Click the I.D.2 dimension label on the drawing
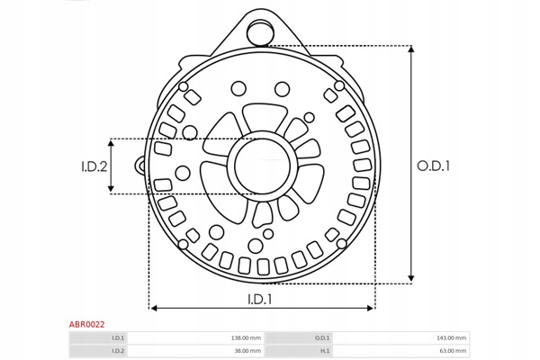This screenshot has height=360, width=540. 94,166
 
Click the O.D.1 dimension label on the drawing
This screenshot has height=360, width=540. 433,166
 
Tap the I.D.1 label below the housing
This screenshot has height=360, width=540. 260,300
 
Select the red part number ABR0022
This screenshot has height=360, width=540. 86,324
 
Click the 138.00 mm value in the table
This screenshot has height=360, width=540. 246,338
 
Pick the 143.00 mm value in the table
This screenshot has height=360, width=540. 451,338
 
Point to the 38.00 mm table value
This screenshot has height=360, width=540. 247,351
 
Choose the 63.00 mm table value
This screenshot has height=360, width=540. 453,351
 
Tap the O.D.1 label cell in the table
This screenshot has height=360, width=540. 322,338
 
